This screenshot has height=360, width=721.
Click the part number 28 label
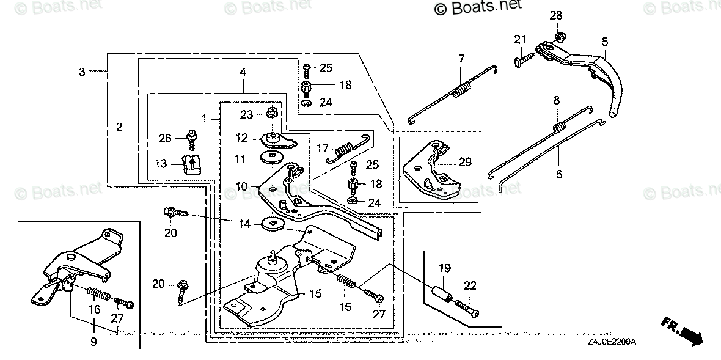pos(555,15)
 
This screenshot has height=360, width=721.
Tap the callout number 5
pos(604,42)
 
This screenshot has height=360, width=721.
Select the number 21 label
pos(519,40)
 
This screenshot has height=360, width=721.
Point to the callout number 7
pos(462,59)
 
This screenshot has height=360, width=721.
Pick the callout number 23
pos(246,114)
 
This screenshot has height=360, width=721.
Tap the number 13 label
pos(160,163)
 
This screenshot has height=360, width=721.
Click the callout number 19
pos(444,267)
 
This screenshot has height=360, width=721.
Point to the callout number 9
pos(93,343)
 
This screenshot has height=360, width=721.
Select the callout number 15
pos(315,294)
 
